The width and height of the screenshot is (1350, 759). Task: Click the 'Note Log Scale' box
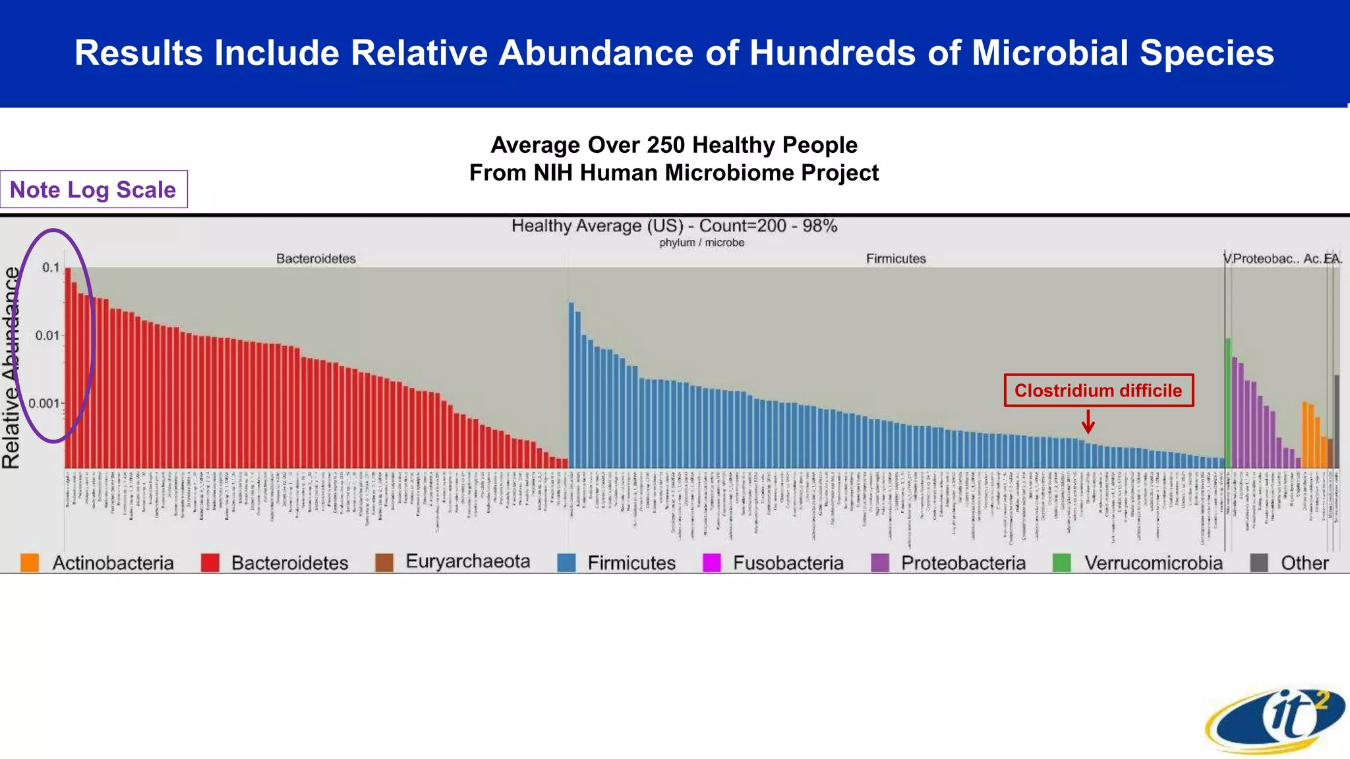[93, 190]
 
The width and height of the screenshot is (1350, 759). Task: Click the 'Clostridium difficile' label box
[1098, 391]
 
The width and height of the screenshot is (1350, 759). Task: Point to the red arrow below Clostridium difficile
[1088, 422]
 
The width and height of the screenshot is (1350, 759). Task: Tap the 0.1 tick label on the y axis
[51, 267]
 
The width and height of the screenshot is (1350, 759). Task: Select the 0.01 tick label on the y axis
[47, 335]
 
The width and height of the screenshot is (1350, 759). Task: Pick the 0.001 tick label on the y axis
[44, 403]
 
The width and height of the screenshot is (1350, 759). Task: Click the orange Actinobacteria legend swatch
[30, 563]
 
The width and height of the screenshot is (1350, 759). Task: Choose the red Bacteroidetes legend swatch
[210, 563]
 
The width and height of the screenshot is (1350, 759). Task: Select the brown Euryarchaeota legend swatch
[384, 563]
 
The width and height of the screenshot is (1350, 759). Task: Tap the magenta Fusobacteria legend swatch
[712, 563]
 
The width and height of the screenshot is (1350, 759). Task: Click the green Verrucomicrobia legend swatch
[1061, 563]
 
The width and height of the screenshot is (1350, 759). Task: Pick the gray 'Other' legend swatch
[1259, 563]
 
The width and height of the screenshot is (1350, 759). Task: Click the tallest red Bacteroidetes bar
[68, 369]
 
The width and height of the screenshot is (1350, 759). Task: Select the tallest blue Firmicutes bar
[572, 385]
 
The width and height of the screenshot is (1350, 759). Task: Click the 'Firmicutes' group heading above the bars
[896, 259]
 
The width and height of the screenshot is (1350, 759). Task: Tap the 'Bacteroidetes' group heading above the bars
[316, 259]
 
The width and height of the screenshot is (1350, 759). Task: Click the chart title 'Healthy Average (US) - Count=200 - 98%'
[674, 226]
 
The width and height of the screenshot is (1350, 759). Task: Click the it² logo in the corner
[1276, 722]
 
